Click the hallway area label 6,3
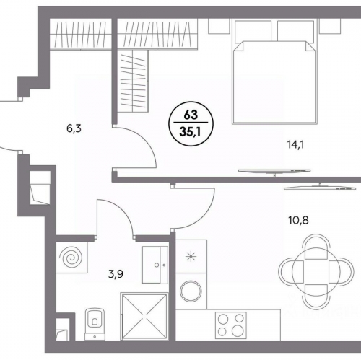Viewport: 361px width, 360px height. pos(74,129)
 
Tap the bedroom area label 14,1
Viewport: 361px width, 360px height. pos(295,145)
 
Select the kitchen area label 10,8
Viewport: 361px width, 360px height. pos(298,220)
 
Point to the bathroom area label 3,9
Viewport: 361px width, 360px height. pos(116,273)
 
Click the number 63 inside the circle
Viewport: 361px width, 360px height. pos(191,115)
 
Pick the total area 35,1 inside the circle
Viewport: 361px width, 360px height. pos(191,132)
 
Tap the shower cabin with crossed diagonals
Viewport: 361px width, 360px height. pos(144,317)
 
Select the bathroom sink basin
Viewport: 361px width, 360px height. pos(155,265)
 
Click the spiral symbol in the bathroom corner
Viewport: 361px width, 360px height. pos(71,258)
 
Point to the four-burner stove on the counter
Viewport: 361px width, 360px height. pos(231,325)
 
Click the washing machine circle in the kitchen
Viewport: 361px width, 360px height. pos(191,291)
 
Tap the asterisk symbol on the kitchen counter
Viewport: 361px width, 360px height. pos(191,256)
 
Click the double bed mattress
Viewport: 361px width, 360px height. pos(274,82)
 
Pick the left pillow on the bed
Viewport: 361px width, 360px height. pos(253,31)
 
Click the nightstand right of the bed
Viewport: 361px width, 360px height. pos(330,26)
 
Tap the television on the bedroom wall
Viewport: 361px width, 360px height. pos(274,172)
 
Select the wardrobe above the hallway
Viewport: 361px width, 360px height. pos(81,34)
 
